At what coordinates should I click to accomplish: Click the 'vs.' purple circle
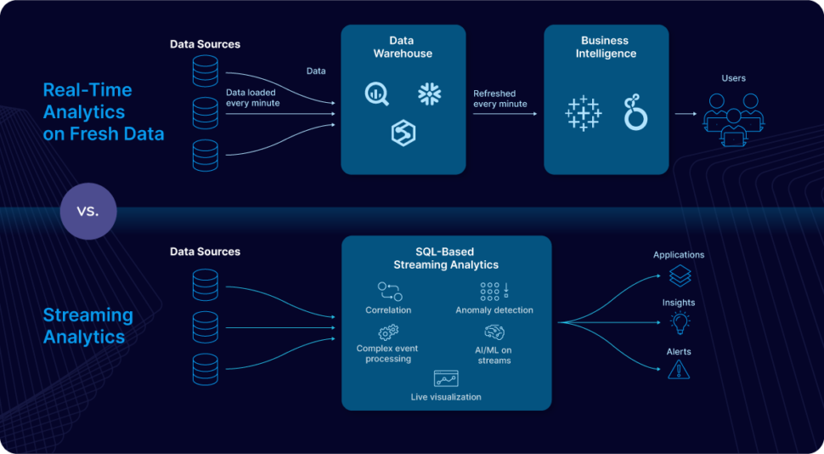87,210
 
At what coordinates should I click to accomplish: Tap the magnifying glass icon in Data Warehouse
376,94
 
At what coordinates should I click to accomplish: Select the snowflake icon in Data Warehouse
429,94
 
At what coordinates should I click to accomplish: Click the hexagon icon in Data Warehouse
403,133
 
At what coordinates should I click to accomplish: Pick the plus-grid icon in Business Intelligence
583,113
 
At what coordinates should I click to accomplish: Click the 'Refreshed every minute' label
500,98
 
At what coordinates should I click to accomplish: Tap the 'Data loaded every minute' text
253,98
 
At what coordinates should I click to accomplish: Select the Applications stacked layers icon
679,275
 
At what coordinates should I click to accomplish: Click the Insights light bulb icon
679,322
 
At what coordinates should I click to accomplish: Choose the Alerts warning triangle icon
679,369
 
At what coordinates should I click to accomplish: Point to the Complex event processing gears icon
387,332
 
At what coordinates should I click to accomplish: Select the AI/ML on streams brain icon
494,332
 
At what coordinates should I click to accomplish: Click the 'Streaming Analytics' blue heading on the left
88,326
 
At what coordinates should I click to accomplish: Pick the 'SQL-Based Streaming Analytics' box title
446,258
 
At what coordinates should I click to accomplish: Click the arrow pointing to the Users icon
686,113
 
